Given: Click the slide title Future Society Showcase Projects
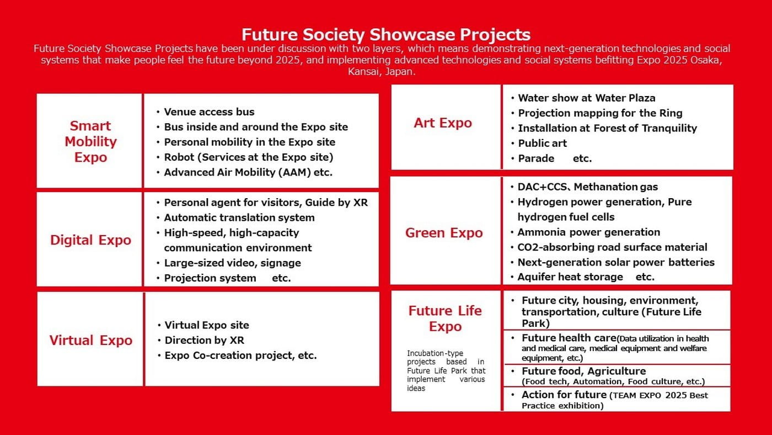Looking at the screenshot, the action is click(386, 34).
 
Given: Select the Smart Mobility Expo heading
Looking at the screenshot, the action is click(90, 141).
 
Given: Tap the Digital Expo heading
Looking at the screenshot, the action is click(90, 240).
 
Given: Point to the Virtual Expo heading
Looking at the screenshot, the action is click(90, 340).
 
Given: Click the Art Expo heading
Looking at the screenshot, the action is click(443, 123).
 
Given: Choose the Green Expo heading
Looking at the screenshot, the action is click(444, 233).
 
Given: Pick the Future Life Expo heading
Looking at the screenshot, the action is click(445, 319).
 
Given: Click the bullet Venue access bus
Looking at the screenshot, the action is click(209, 112).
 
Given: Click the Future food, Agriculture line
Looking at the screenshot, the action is click(584, 371).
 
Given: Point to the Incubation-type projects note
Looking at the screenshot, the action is click(446, 370).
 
